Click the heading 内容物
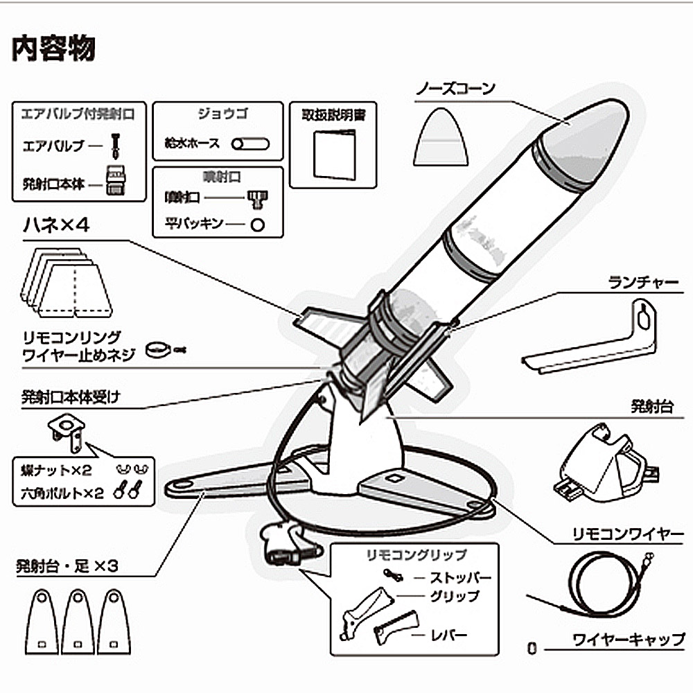point(54,49)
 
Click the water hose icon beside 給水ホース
point(250,144)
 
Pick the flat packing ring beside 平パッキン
point(258,224)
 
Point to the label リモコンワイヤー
point(628,534)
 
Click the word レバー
point(448,633)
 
